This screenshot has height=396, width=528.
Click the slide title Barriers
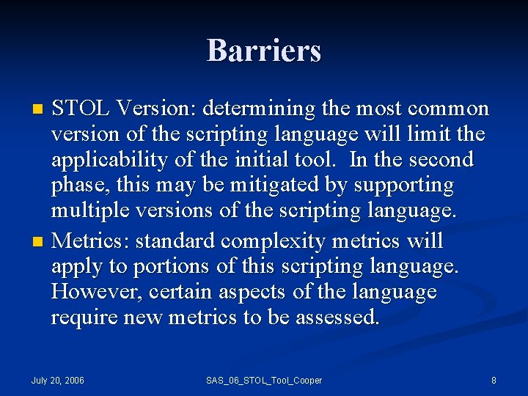264,51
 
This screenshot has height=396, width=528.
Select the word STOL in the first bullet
81,109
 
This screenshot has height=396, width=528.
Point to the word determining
261,109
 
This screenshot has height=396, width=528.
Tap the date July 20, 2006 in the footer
57,381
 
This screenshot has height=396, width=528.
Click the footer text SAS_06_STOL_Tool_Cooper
263,381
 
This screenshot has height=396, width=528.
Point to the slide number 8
494,381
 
